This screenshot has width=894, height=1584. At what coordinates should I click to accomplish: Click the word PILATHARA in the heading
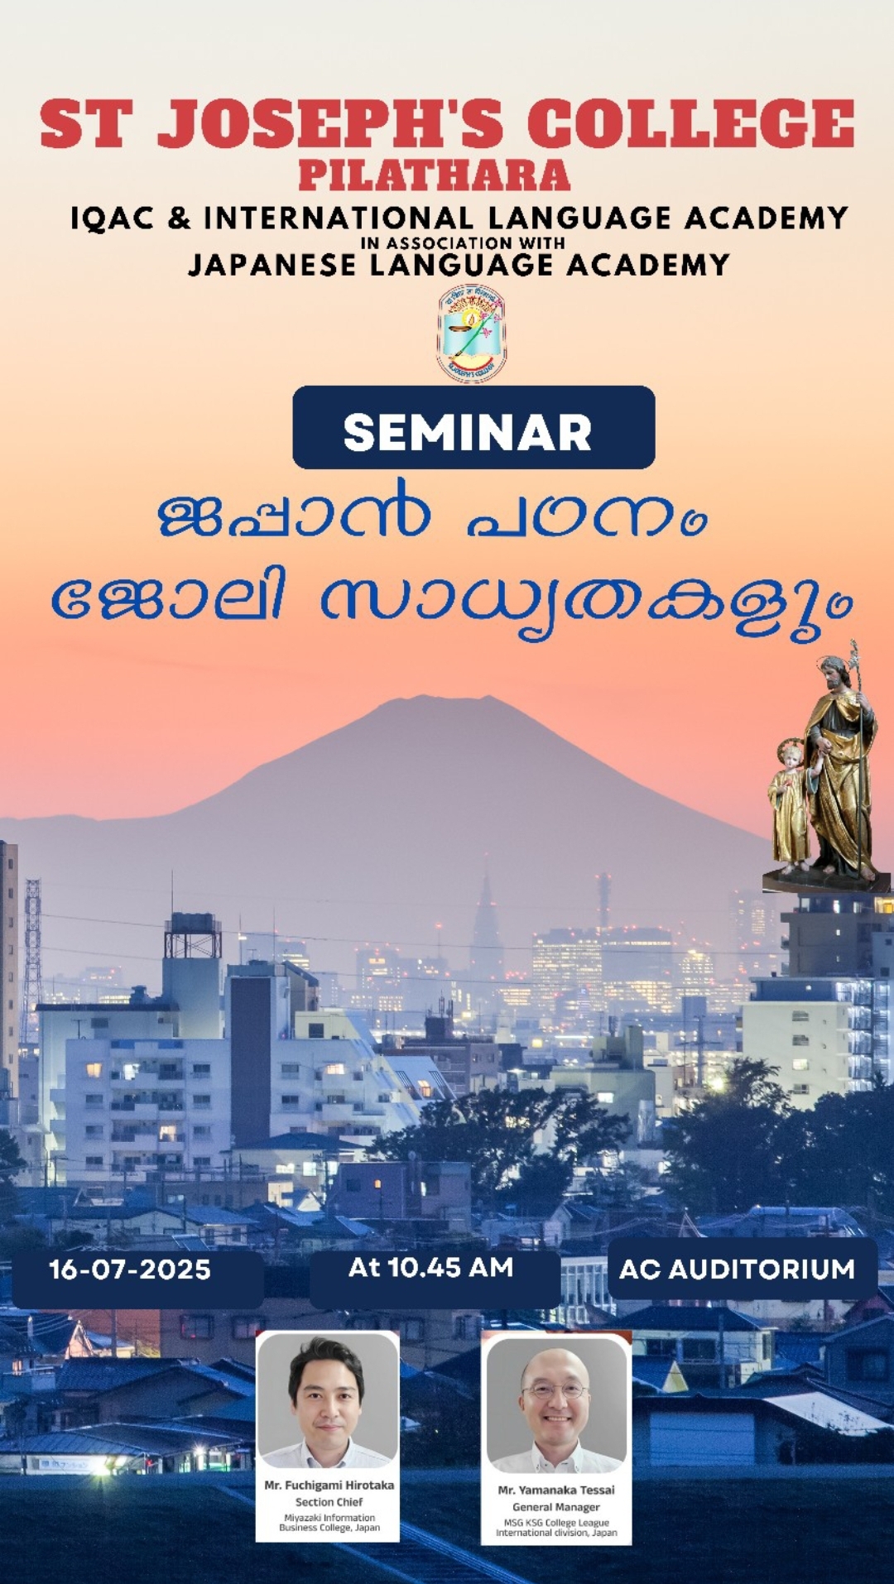435,175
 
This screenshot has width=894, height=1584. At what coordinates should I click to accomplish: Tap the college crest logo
472,333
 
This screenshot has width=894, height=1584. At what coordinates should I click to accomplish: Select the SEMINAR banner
473,428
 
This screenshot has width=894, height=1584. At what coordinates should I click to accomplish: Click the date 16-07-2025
130,1270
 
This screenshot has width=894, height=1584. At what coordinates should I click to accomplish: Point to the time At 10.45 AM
430,1267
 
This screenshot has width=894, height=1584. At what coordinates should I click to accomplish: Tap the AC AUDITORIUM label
737,1270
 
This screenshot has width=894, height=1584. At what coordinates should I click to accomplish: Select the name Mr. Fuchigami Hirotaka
329,1486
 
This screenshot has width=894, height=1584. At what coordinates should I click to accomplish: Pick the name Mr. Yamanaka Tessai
556,1490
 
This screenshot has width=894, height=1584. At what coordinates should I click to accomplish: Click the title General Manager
556,1507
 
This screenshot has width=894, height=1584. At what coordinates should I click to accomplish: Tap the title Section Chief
329,1502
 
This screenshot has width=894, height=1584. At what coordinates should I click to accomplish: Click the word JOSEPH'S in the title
331,122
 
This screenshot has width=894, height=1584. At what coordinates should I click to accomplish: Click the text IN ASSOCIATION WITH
463,243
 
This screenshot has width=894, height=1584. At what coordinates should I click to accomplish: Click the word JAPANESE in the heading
272,265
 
